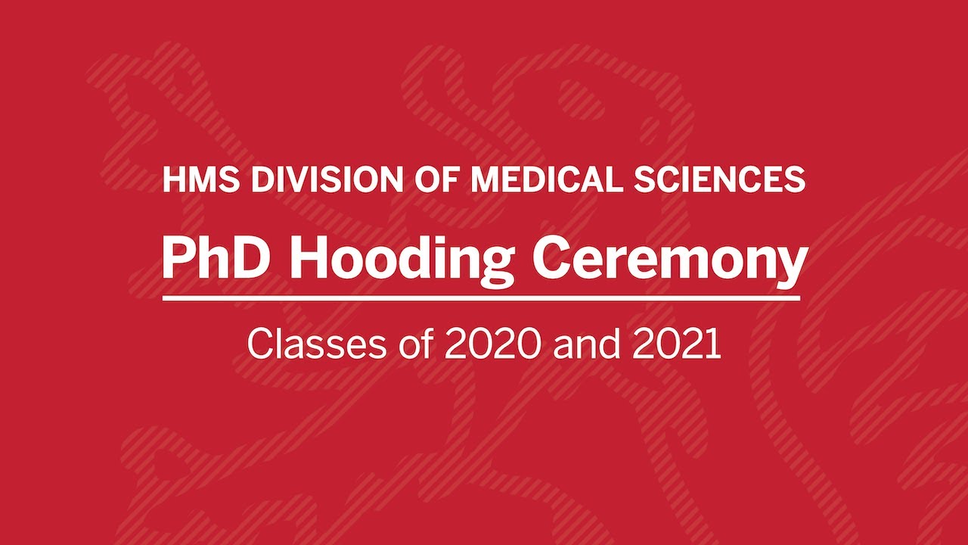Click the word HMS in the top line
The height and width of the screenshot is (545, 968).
[x=201, y=179]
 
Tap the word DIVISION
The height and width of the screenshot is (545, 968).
[x=327, y=179]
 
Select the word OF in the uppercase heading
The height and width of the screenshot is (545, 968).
[x=436, y=179]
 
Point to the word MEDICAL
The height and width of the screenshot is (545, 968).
[x=547, y=179]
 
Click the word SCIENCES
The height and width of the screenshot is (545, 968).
[x=720, y=179]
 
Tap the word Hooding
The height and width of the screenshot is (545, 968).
[x=400, y=264]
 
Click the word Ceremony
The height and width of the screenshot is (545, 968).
[x=670, y=265]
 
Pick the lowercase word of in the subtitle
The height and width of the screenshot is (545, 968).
[x=417, y=344]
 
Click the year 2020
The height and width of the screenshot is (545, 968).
[x=492, y=344]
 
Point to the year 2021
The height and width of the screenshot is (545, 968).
[x=676, y=344]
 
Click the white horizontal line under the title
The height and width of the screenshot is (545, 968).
[x=482, y=298]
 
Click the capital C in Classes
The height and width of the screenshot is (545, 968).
[x=260, y=344]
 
